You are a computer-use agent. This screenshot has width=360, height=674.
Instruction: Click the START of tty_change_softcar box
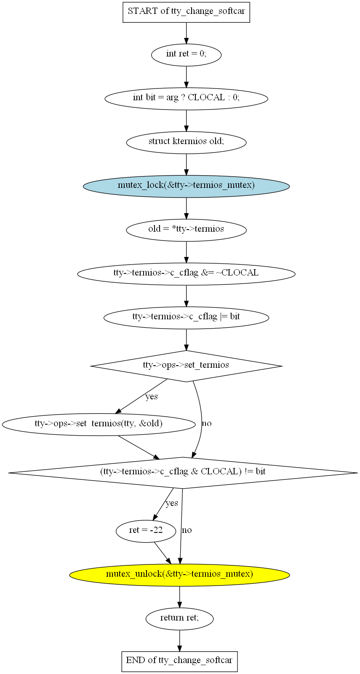[186, 12]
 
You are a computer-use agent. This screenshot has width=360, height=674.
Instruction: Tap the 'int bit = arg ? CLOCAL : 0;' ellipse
[186, 99]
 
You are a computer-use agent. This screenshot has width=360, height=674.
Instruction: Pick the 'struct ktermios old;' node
[186, 143]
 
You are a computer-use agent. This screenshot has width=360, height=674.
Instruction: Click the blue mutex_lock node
[186, 186]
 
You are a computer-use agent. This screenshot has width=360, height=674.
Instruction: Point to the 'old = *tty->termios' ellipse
[186, 230]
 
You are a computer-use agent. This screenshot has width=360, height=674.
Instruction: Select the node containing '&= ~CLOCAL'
[186, 274]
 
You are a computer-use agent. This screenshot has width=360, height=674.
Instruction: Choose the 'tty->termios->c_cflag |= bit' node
[186, 318]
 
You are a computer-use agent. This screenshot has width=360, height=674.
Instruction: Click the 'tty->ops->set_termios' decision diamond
[186, 366]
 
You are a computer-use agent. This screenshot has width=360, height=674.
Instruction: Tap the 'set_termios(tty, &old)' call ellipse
[99, 425]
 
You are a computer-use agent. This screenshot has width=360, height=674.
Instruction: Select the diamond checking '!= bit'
[183, 473]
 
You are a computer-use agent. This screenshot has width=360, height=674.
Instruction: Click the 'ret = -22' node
[146, 531]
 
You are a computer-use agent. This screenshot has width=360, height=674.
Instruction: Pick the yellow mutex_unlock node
[179, 575]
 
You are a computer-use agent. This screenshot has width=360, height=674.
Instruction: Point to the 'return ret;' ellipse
[179, 619]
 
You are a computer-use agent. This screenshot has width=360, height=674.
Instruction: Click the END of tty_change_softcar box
[179, 662]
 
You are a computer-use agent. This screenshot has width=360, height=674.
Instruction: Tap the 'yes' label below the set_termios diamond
[152, 396]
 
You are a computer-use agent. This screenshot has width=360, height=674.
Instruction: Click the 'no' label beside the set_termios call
[207, 423]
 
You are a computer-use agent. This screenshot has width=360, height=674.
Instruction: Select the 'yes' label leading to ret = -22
[172, 503]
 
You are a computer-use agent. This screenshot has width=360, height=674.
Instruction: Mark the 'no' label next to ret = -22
[187, 530]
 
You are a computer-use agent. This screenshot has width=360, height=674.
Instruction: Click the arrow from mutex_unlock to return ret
[179, 597]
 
